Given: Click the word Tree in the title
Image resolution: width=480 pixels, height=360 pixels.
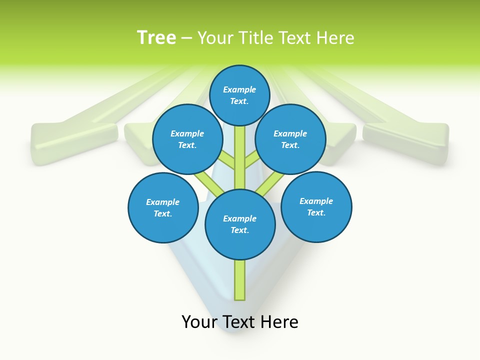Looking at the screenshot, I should pos(156,38).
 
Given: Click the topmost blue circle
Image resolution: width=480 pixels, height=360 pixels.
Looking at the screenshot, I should pos(239,95).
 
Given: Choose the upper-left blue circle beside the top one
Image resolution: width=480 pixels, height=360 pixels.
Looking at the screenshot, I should pos(187,139).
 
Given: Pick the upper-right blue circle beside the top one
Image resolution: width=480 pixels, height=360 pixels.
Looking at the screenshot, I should pos(290,139).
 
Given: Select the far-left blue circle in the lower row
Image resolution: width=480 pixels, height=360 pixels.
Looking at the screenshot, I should pos(163,207).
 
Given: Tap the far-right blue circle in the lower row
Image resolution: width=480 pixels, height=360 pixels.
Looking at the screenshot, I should pos(316,206).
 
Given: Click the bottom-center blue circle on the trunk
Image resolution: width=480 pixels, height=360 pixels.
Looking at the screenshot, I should pos(240,224).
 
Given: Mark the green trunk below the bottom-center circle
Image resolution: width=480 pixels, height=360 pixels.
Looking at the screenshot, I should pos(240,280).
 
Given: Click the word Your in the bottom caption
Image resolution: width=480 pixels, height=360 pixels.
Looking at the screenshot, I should pos(199,322).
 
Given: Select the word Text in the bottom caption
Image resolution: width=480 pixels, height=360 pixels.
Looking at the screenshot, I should pos(239,322).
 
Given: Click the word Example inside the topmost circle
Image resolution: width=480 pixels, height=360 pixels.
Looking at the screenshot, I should pos(239,89).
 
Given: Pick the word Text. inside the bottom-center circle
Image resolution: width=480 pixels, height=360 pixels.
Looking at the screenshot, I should pos(239,230).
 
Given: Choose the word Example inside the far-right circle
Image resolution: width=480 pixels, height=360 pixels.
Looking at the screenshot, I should pos(316,201).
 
